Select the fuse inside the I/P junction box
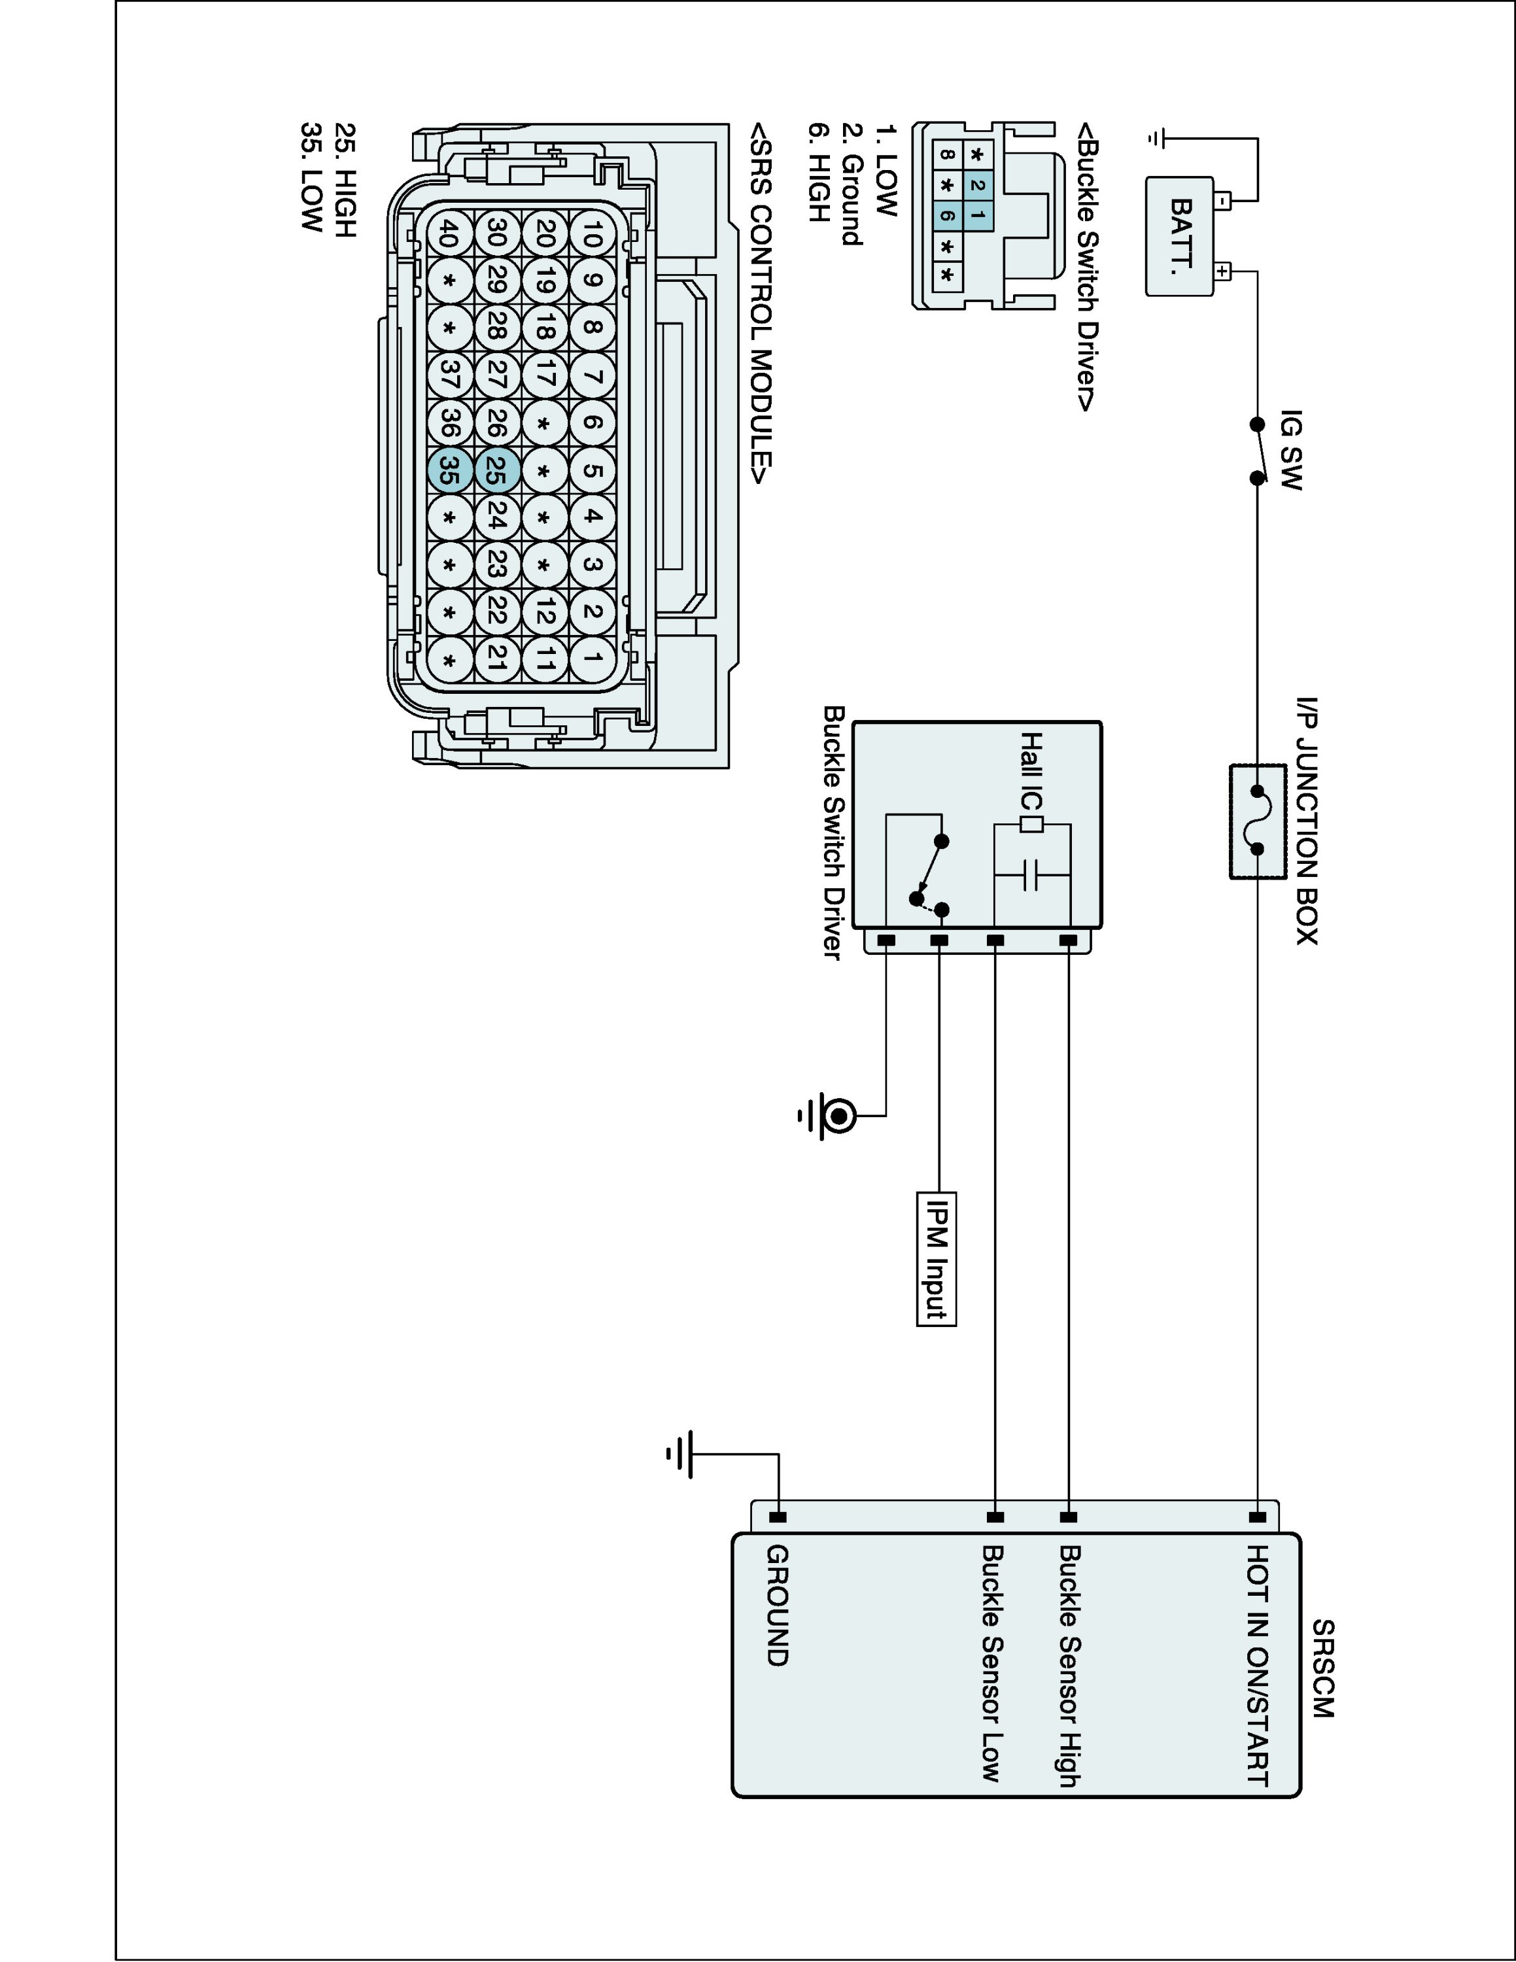coord(1256,820)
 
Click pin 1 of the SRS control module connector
coord(592,659)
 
